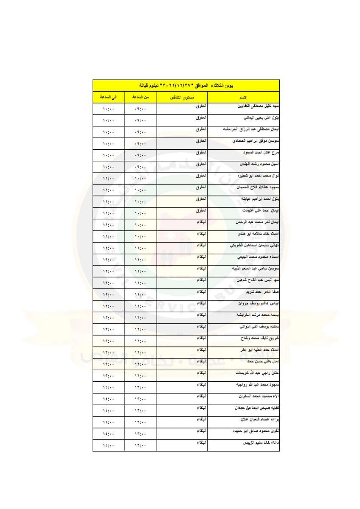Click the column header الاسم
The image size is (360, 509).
243,98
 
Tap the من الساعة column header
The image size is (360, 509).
141,98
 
